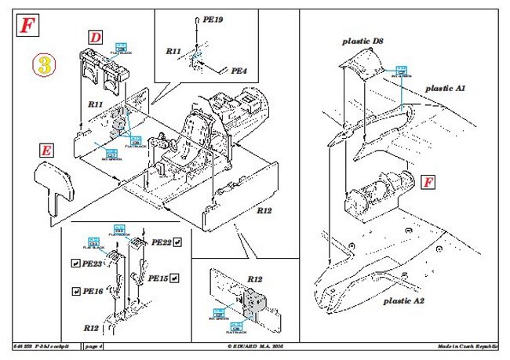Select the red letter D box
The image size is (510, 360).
(x=95, y=37)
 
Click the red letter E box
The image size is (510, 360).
(x=49, y=151)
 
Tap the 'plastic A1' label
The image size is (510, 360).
(x=445, y=89)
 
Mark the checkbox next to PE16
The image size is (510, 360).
(x=75, y=290)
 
